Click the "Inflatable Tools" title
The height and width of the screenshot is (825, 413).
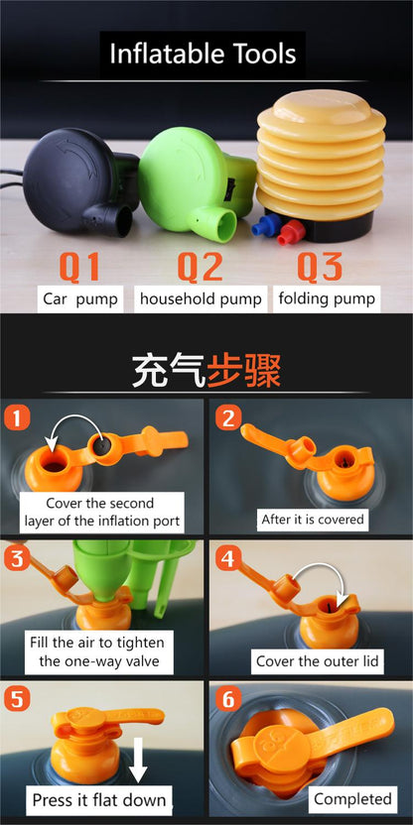click(x=203, y=55)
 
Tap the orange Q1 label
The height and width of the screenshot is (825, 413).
click(x=79, y=267)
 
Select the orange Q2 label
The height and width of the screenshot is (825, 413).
click(x=201, y=267)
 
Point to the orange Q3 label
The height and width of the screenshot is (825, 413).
click(x=320, y=267)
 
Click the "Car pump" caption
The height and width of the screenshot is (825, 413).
click(x=80, y=299)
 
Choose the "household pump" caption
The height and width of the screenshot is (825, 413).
click(x=201, y=299)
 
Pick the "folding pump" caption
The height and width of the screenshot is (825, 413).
click(x=327, y=298)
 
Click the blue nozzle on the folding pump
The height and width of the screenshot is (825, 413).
click(x=264, y=225)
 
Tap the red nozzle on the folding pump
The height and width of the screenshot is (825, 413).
click(x=291, y=232)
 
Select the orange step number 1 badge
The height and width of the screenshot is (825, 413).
click(x=17, y=418)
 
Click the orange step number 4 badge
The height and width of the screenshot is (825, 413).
click(x=228, y=560)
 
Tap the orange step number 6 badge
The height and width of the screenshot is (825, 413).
click(x=228, y=699)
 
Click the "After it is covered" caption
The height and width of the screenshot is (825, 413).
click(x=313, y=520)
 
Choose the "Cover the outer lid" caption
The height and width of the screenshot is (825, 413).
click(x=317, y=660)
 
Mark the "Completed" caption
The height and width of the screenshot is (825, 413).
click(x=353, y=799)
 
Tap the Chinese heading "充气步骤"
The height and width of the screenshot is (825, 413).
click(x=206, y=370)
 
